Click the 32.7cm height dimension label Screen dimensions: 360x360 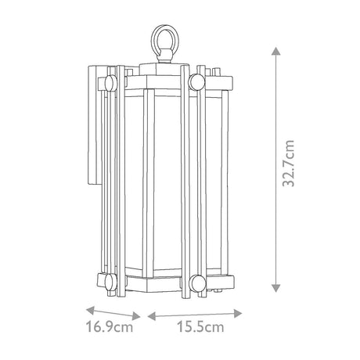click(289, 164)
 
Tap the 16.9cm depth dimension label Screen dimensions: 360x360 click(110, 326)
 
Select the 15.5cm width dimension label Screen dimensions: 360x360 click(200, 326)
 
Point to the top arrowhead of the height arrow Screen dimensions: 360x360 click(276, 51)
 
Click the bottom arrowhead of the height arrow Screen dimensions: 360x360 click(276, 288)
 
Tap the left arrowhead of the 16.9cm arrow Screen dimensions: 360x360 click(90, 310)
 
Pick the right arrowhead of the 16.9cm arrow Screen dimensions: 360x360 click(137, 316)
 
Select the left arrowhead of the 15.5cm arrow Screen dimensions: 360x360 click(152, 316)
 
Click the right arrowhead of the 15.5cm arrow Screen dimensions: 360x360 click(238, 313)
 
